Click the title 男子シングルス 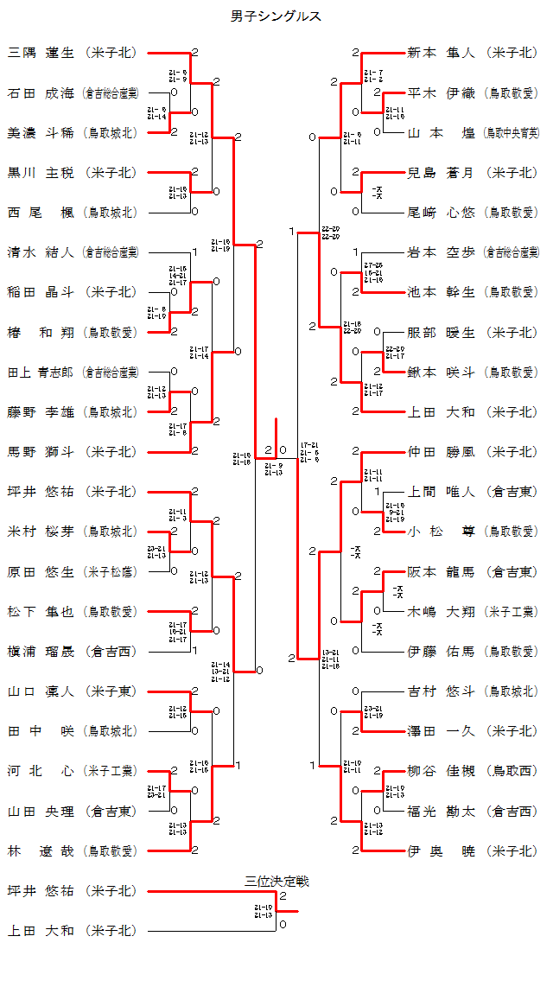coord(276,16)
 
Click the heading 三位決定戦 coord(276,881)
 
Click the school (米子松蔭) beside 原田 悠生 coord(111,571)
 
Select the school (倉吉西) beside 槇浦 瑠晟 coord(111,651)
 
